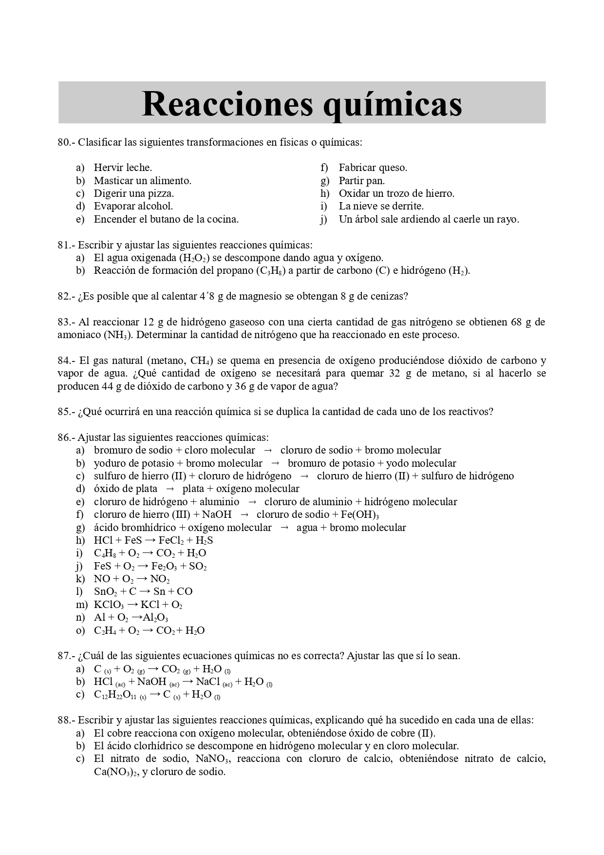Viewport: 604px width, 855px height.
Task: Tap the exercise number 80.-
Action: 66,142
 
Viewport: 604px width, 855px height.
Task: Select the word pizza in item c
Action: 160,193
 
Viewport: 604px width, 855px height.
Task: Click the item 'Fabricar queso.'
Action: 373,168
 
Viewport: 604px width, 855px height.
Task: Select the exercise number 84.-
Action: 66,361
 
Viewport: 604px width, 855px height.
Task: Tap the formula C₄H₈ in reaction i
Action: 105,553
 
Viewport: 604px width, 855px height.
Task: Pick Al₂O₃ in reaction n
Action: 155,618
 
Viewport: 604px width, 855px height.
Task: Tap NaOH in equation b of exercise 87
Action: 151,682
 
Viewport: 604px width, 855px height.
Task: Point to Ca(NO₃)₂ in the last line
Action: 116,772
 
